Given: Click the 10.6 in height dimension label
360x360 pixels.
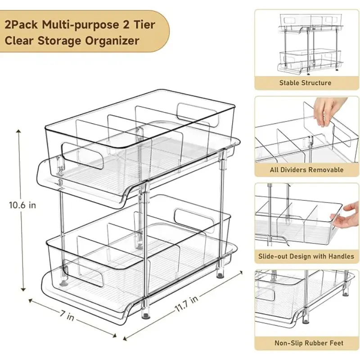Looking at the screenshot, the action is coord(22,205).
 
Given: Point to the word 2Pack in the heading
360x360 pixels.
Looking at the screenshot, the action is coord(21,24).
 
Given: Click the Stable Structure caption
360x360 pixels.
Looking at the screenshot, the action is coord(305,83).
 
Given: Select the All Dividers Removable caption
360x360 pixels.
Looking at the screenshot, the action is coord(306,170).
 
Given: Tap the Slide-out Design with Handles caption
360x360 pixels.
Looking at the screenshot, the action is coord(306,256).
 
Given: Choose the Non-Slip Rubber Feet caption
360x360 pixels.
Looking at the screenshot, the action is coord(309,343).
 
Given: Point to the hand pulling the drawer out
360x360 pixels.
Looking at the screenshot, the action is coord(345,216).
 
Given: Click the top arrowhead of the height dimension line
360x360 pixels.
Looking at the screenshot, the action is coord(18,131).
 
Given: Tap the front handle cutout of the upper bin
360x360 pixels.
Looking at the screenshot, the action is coord(82,156).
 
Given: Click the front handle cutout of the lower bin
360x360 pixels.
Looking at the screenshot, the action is coord(83,274).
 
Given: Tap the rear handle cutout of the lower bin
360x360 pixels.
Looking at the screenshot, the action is coord(195,220).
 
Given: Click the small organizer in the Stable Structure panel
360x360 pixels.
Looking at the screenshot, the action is coord(311,44).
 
